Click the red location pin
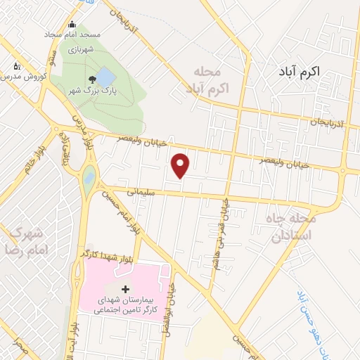coord(181,165)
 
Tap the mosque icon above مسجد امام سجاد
coord(72,25)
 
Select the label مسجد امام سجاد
coord(73,34)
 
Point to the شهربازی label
coord(80,51)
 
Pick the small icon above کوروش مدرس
coord(16,66)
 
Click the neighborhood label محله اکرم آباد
coord(206,82)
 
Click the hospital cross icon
coord(125,289)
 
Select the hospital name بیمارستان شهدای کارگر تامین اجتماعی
coord(124,304)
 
